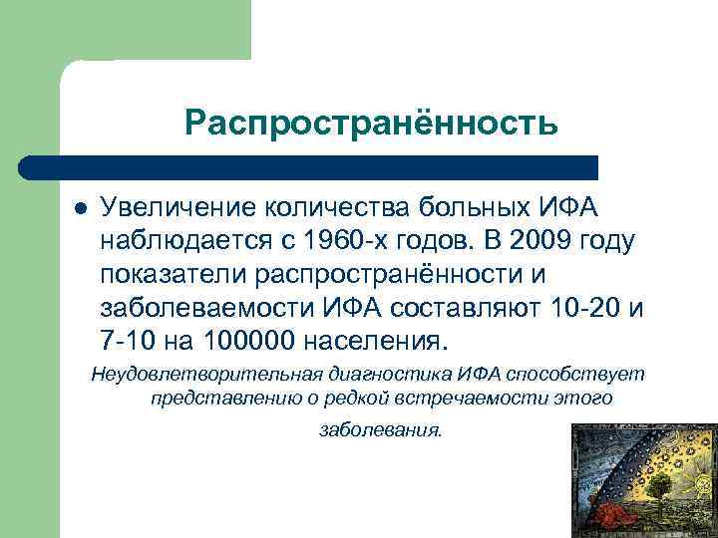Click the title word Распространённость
(x=370, y=123)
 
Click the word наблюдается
(x=189, y=242)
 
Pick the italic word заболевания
(x=379, y=431)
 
